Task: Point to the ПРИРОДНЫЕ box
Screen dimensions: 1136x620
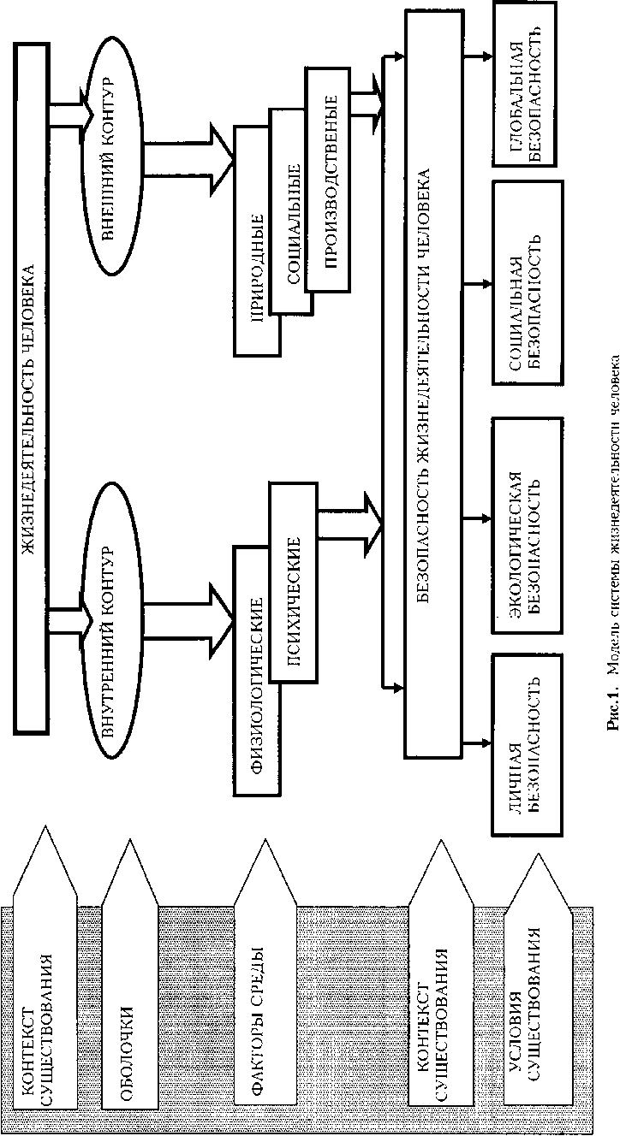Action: [256, 240]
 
